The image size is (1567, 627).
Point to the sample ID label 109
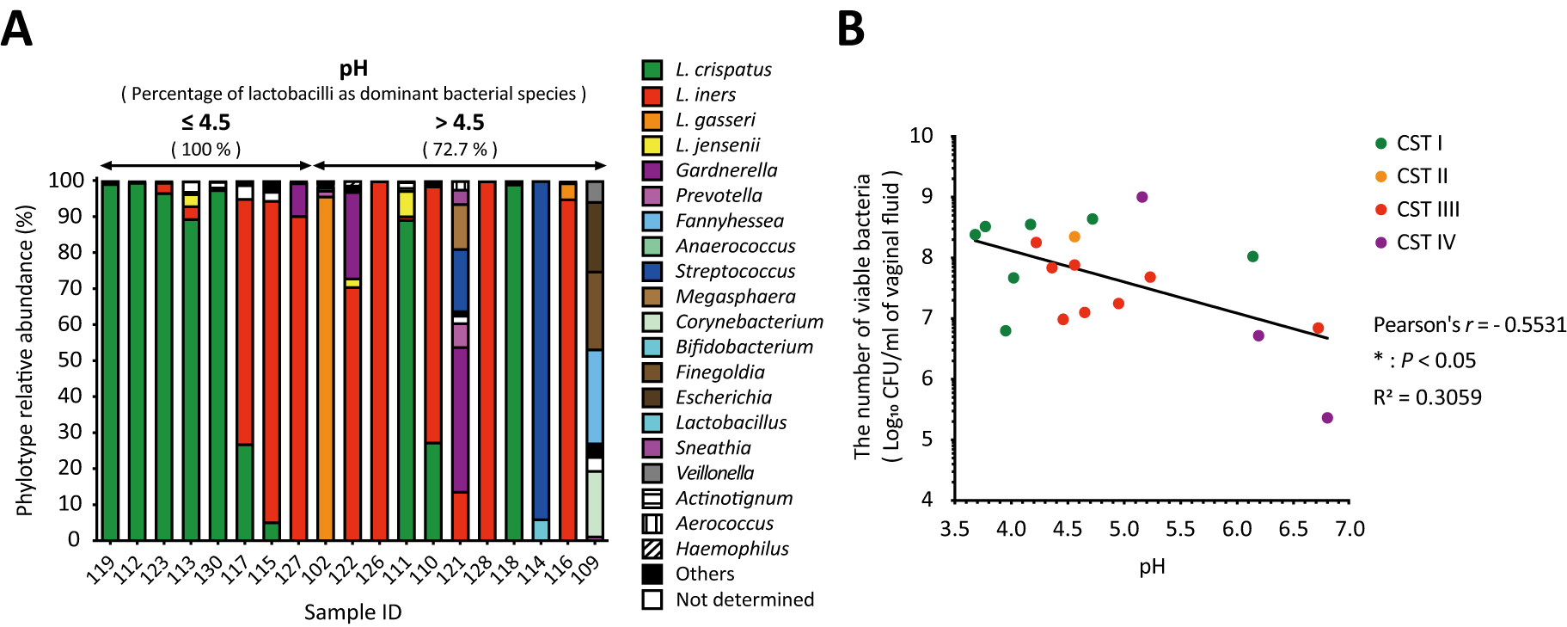[x=586, y=569]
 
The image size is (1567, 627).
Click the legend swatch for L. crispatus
[x=652, y=70]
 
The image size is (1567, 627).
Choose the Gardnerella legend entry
[x=725, y=170]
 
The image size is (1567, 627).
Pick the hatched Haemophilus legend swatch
[x=652, y=549]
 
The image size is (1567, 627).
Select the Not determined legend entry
[x=744, y=599]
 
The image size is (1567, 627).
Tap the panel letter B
[x=850, y=29]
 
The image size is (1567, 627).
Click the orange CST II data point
[x=1074, y=237]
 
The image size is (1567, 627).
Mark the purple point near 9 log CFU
[x=1142, y=197]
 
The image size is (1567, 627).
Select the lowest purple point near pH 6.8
[x=1327, y=418]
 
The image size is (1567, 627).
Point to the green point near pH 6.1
[x=1252, y=256]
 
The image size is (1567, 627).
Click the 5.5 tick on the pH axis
[x=1179, y=529]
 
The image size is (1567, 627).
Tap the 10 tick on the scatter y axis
[x=921, y=136]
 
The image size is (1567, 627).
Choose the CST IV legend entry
[x=1425, y=243]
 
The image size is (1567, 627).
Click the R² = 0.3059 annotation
[x=1427, y=397]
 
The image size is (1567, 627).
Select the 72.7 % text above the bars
[x=460, y=150]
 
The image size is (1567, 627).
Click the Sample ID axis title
[x=352, y=612]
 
